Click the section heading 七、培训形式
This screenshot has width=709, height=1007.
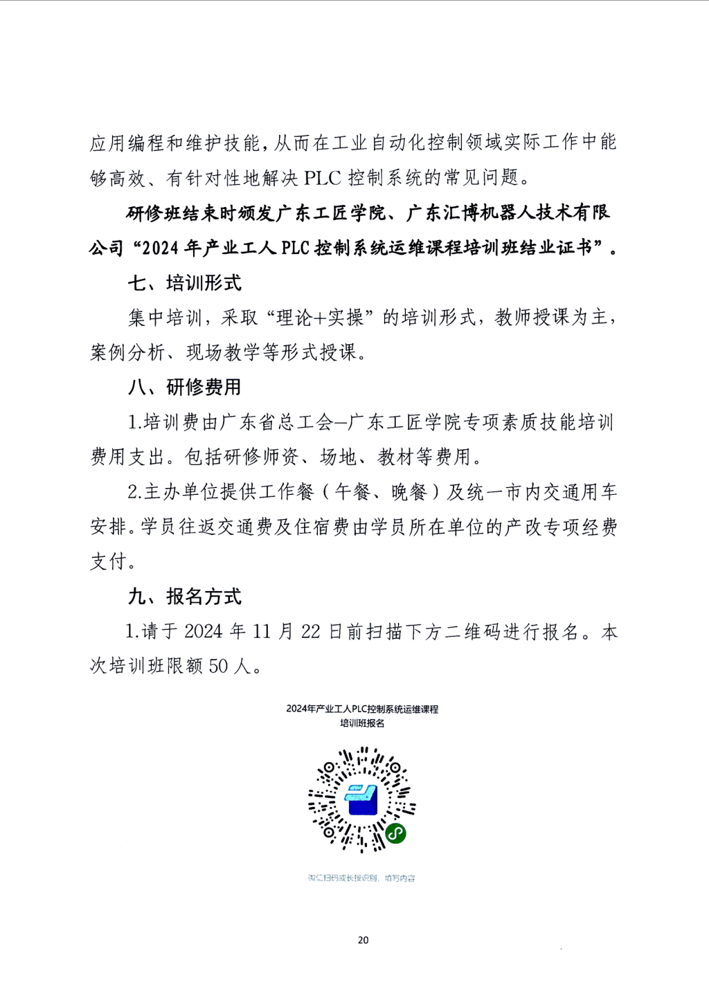coord(184,283)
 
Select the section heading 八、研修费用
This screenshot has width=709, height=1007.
coord(184,387)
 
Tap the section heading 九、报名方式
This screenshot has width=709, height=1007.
coord(184,597)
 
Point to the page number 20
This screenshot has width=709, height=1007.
coord(363,940)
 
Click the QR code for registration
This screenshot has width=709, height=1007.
coord(361,799)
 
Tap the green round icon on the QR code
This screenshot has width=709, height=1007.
coord(395,833)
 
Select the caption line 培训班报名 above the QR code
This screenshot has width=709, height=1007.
coord(361,723)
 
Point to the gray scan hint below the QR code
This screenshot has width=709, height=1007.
coord(361,878)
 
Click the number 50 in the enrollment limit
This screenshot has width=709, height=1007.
coord(218,666)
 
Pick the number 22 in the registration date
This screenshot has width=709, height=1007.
coord(310,632)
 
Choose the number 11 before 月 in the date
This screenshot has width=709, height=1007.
coord(261,632)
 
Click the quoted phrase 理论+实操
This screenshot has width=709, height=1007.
coord(319,318)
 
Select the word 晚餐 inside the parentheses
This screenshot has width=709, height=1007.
coord(409,492)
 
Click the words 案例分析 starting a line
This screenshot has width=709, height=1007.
coord(127,352)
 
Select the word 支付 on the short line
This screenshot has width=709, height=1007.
coord(109,561)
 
